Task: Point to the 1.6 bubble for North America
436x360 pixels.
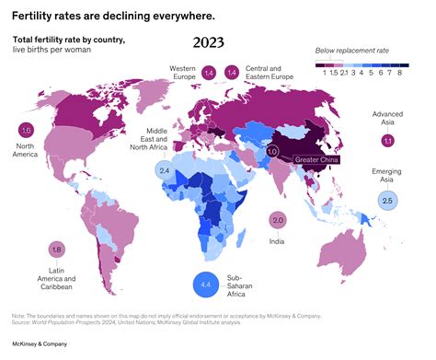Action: (26, 131)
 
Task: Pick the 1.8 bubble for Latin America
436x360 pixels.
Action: (57, 250)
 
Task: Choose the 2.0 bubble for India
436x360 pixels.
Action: (278, 219)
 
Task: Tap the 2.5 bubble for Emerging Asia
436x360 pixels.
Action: (387, 200)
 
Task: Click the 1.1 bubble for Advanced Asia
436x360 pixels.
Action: (387, 140)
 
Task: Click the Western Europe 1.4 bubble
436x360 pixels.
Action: (209, 72)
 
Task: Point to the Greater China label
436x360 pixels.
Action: (318, 161)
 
